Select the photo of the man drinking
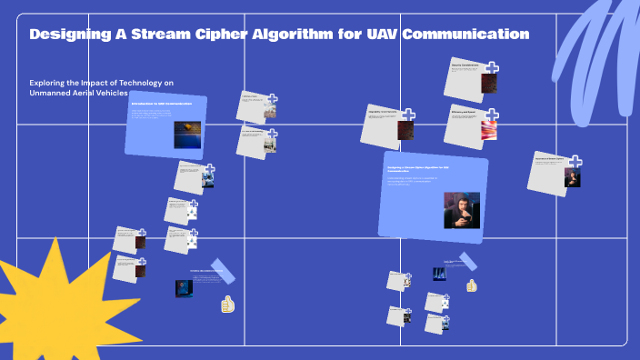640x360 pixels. pyautogui.click(x=461, y=209)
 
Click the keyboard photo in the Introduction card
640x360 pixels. pyautogui.click(x=186, y=134)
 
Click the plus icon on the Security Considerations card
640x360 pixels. pyautogui.click(x=491, y=68)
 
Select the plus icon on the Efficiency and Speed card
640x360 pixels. pyautogui.click(x=491, y=115)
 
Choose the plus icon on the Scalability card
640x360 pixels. pyautogui.click(x=408, y=115)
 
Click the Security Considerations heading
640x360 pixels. pyautogui.click(x=465, y=66)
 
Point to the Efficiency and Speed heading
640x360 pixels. pyautogui.click(x=464, y=113)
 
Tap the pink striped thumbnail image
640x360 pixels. pyautogui.click(x=488, y=129)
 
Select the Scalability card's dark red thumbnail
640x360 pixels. pyautogui.click(x=405, y=131)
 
